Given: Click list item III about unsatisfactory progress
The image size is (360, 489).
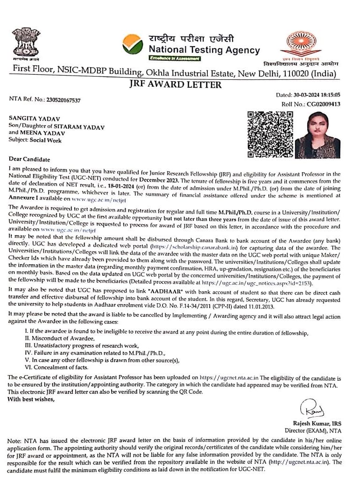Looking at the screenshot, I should click(82, 345).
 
